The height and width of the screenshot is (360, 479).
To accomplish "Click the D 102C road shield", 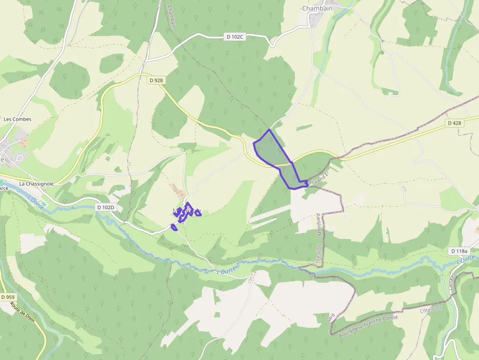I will click(x=235, y=37).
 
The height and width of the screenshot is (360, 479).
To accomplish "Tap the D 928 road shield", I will click(x=156, y=80).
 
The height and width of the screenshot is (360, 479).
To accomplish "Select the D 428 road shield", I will click(x=454, y=123).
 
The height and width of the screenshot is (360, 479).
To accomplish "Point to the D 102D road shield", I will click(x=105, y=207).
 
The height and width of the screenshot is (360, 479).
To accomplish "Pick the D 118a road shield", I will click(x=459, y=251).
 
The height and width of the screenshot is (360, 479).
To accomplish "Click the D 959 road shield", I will click(x=8, y=297).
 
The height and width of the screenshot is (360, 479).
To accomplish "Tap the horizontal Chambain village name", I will click(x=317, y=8).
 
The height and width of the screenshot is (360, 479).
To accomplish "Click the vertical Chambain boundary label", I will click(x=171, y=17).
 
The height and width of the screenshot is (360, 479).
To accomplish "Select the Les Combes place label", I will click(x=18, y=119).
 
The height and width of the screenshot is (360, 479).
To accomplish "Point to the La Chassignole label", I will click(x=36, y=184).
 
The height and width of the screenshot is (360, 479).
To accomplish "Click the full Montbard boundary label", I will click(x=319, y=225).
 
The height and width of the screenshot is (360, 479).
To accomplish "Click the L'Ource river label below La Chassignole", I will click(x=36, y=203).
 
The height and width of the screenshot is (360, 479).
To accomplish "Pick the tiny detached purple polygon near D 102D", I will click(x=174, y=227).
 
